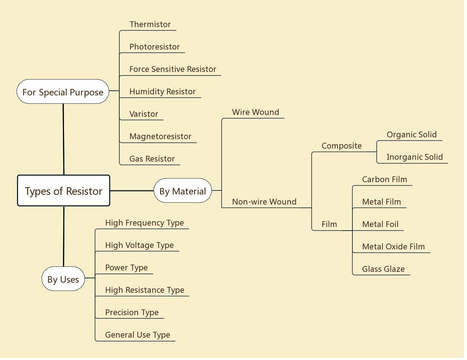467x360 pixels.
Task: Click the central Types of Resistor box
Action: pyautogui.click(x=64, y=191)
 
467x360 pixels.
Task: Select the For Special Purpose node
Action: pyautogui.click(x=63, y=92)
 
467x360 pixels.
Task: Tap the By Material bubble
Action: pyautogui.click(x=183, y=191)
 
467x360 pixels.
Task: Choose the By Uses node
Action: pyautogui.click(x=63, y=279)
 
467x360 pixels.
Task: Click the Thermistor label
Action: pyautogui.click(x=150, y=25)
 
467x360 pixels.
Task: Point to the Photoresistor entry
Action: pyautogui.click(x=154, y=47)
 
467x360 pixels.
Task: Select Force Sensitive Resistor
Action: pyautogui.click(x=173, y=69)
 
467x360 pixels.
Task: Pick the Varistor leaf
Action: pyautogui.click(x=143, y=114)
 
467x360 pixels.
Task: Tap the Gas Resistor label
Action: pyautogui.click(x=152, y=159)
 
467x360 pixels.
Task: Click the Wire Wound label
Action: pyautogui.click(x=256, y=112)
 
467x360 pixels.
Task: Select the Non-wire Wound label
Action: pyautogui.click(x=264, y=202)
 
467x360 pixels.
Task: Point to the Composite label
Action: pyautogui.click(x=342, y=146)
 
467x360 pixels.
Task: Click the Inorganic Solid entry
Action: pyautogui.click(x=415, y=157)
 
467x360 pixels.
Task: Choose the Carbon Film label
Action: pyautogui.click(x=385, y=180)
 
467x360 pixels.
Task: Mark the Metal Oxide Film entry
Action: pyautogui.click(x=393, y=247)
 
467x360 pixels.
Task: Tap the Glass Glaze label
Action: pyautogui.click(x=383, y=269)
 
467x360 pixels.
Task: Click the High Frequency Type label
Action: pyautogui.click(x=145, y=223)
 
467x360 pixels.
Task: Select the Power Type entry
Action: pyautogui.click(x=127, y=268)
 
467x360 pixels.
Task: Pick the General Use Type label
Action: pyautogui.click(x=138, y=335)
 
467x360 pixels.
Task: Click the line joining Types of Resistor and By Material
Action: pyautogui.click(x=132, y=190)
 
